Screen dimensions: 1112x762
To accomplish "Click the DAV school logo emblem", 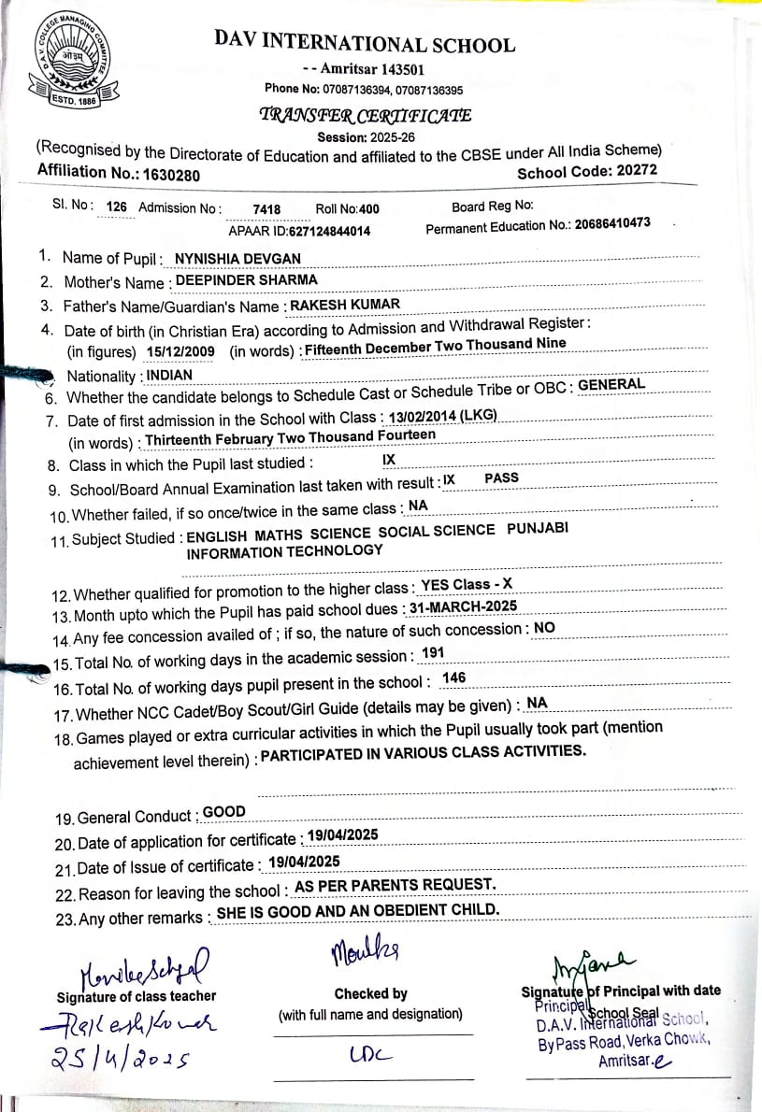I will (x=69, y=61).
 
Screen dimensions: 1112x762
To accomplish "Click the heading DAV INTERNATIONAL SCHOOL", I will (x=364, y=43).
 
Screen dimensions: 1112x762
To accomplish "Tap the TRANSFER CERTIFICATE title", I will (x=366, y=116).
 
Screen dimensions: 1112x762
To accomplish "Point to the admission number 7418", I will (x=266, y=210).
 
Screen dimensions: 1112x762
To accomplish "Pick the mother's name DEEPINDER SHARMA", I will (x=247, y=279).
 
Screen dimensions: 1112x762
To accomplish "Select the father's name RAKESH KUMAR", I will (x=345, y=304).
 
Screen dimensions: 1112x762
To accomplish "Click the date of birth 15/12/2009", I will (x=180, y=351).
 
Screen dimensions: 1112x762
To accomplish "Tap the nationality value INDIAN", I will (x=169, y=376).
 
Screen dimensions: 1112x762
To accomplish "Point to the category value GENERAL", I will (x=611, y=384).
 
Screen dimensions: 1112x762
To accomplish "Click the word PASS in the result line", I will (x=502, y=478).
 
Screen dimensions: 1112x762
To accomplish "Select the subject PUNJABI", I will (x=538, y=529).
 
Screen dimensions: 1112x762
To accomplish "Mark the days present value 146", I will (x=453, y=677).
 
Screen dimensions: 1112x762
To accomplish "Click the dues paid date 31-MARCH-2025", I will (x=464, y=607).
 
